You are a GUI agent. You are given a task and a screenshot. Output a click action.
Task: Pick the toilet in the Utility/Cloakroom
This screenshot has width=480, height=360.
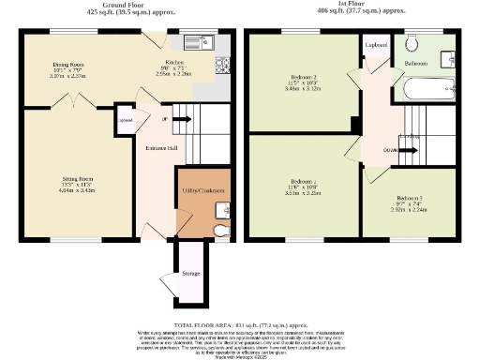221,230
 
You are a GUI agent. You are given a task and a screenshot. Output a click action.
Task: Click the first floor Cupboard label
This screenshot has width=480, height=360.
377,44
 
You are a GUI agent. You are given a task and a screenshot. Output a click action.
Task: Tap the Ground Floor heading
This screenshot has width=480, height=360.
129,5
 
